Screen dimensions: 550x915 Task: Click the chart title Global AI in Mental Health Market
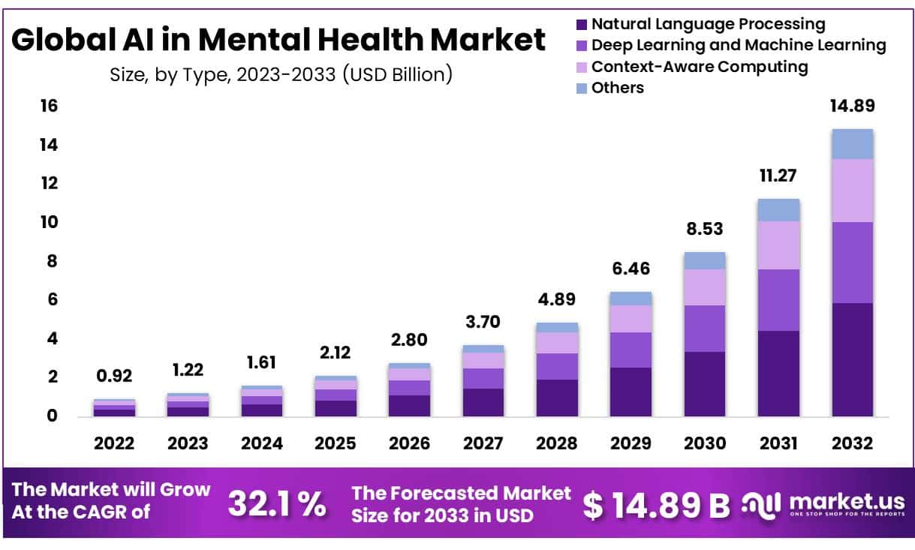point(278,40)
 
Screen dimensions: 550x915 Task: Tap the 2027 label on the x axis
point(483,443)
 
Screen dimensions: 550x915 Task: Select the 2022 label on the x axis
point(114,443)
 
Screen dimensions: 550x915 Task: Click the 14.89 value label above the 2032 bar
point(852,106)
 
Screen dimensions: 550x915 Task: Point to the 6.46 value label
point(631,269)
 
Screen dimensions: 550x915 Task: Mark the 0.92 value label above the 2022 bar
point(114,376)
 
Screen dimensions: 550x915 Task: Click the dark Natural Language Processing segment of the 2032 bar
point(852,359)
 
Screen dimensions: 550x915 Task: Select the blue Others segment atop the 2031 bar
point(778,209)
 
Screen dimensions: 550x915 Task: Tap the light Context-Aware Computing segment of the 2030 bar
point(704,287)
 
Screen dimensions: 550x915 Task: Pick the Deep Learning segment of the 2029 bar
point(631,350)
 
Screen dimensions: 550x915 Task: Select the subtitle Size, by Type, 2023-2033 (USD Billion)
point(281,74)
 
